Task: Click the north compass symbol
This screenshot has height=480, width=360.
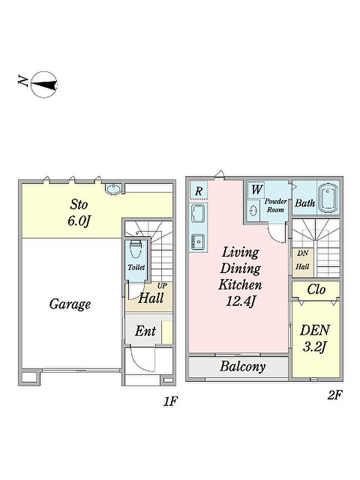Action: (x=44, y=85)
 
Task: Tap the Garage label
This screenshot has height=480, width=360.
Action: (x=70, y=304)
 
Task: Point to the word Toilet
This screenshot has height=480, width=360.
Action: (x=136, y=267)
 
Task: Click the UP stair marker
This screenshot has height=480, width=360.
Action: (x=162, y=286)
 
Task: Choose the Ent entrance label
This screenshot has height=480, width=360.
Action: (x=145, y=331)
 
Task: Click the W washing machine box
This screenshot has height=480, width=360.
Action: (x=256, y=190)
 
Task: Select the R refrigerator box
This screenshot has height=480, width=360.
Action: (x=199, y=191)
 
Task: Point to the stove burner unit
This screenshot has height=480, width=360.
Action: (x=198, y=241)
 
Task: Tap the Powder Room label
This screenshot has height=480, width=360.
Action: (x=276, y=206)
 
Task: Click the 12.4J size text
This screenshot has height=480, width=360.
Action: (x=240, y=301)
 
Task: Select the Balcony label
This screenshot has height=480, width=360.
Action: (x=242, y=366)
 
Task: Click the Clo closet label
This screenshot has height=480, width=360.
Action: (x=316, y=289)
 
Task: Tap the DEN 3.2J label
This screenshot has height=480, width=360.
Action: (x=315, y=339)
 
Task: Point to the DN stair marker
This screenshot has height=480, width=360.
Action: (x=302, y=253)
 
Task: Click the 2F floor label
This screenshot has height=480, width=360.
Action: (x=334, y=395)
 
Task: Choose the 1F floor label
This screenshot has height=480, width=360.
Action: (x=170, y=401)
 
